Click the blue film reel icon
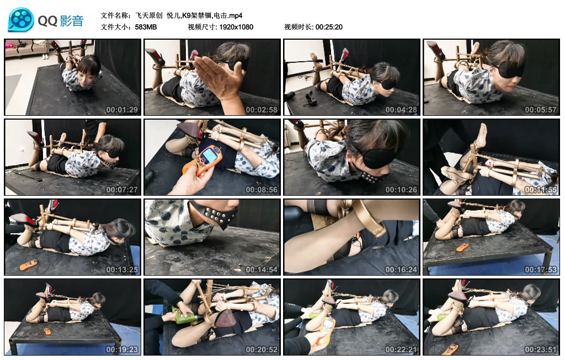(x=21, y=19)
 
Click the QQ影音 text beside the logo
(x=61, y=21)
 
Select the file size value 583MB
(x=146, y=27)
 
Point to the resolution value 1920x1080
(x=236, y=27)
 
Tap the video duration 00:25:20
(x=329, y=27)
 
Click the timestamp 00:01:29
(x=122, y=110)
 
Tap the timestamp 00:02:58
(x=262, y=110)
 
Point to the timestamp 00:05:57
(x=541, y=110)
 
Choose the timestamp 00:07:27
(x=122, y=190)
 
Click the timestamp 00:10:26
(x=401, y=190)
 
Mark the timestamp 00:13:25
(x=122, y=270)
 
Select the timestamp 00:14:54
(x=262, y=270)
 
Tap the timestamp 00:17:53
(x=541, y=270)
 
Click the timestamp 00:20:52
(x=262, y=350)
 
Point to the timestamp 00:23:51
(x=541, y=350)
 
